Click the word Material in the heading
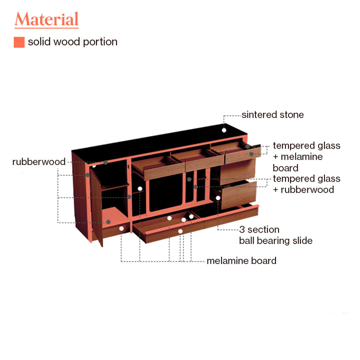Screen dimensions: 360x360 [x=46, y=19]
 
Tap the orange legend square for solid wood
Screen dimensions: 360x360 [x=19, y=42]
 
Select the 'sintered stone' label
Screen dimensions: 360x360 [x=272, y=115]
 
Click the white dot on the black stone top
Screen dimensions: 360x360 [x=224, y=130]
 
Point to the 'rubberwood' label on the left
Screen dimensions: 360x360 [x=39, y=162]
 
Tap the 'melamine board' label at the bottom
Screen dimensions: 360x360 [x=241, y=260]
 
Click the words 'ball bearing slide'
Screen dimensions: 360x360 [x=275, y=240]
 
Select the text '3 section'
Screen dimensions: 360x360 [x=259, y=229]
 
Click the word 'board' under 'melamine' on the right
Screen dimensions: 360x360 [x=285, y=168]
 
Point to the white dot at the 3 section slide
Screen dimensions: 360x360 [x=218, y=197]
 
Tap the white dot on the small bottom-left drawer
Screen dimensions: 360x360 [x=121, y=228]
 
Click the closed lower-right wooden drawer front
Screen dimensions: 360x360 [x=238, y=195]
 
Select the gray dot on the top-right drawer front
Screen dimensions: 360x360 [x=251, y=154]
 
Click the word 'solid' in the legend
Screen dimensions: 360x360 [x=38, y=42]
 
